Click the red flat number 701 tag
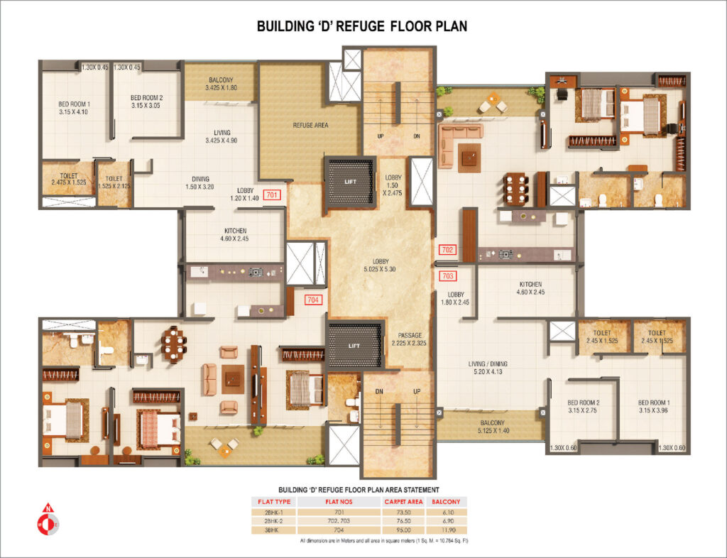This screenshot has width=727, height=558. point(273,194)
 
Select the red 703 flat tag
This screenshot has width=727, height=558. point(448,275)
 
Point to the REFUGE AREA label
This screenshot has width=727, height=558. point(310,125)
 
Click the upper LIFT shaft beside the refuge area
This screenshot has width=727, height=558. point(351,182)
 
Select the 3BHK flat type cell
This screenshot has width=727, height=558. point(274,530)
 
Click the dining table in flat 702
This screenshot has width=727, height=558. point(515,189)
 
